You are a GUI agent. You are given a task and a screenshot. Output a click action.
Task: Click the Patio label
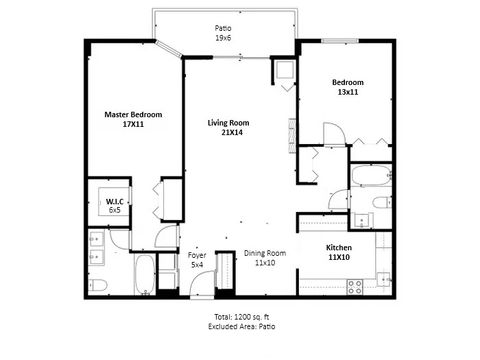click(223, 27)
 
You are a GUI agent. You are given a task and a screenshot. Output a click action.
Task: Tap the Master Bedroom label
click(134, 115)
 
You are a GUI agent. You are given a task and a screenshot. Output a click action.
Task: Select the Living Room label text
click(228, 123)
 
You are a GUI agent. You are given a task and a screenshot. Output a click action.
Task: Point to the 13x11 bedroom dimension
click(348, 91)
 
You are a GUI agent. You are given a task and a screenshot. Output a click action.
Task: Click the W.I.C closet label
click(114, 202)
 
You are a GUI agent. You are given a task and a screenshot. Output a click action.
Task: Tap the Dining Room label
click(265, 253)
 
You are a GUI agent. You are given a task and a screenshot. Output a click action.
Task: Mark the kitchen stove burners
click(354, 286)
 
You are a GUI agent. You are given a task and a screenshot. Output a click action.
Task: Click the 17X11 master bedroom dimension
click(134, 125)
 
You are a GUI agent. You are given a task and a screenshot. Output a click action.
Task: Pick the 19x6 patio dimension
click(223, 37)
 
